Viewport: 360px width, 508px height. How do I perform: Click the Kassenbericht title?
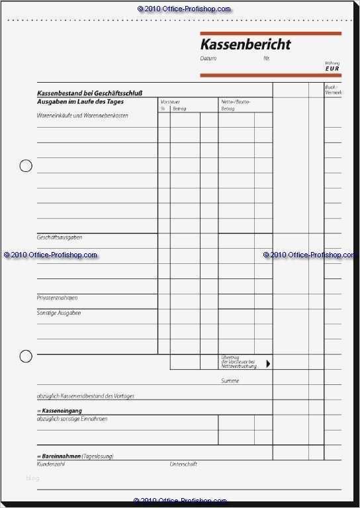pyautogui.click(x=246, y=45)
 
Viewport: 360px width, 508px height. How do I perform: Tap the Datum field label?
pyautogui.click(x=208, y=59)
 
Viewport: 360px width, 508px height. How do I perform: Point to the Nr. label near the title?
pyautogui.click(x=267, y=59)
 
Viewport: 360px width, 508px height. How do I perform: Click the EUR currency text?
pyautogui.click(x=333, y=68)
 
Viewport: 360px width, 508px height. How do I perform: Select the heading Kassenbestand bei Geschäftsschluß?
pyautogui.click(x=89, y=93)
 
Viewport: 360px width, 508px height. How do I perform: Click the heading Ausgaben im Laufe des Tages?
pyautogui.click(x=80, y=102)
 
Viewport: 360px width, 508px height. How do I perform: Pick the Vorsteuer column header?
pyautogui.click(x=170, y=102)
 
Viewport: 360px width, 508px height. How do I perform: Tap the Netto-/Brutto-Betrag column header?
pyautogui.click(x=232, y=105)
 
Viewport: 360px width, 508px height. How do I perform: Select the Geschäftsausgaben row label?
pyautogui.click(x=60, y=237)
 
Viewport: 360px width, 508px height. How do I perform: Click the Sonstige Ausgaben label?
pyautogui.click(x=59, y=313)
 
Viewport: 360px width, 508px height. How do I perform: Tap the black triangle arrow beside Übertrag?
pyautogui.click(x=268, y=363)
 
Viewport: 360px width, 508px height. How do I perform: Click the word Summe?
pyautogui.click(x=230, y=381)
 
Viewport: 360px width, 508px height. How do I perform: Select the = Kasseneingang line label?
pyautogui.click(x=60, y=411)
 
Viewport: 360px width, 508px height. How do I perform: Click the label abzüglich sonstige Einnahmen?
pyautogui.click(x=72, y=419)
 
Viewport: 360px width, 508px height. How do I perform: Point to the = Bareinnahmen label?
pyautogui.click(x=60, y=457)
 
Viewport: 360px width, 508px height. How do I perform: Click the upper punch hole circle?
pyautogui.click(x=26, y=165)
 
